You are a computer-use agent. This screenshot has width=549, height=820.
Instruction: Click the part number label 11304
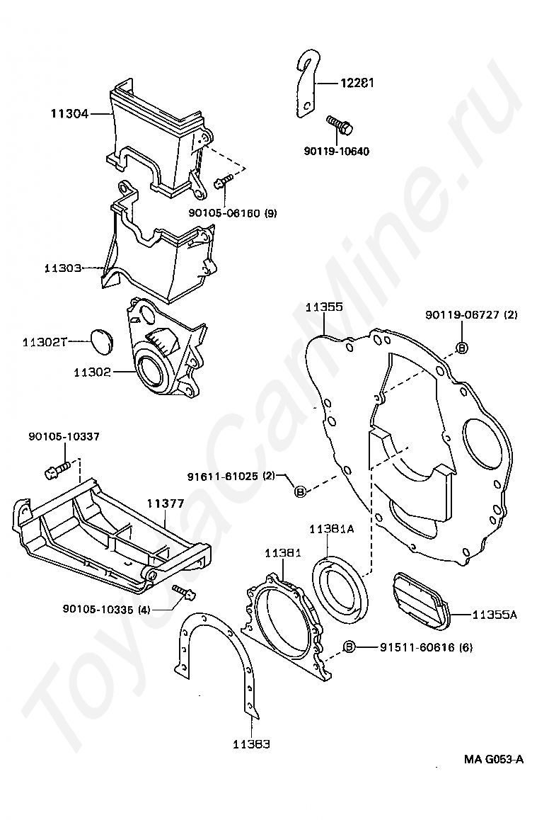point(69,113)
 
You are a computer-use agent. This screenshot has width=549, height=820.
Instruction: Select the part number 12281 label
point(357,83)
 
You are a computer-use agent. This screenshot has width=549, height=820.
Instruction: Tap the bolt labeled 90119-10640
point(340,123)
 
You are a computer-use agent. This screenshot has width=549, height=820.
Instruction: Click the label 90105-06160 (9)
point(233,213)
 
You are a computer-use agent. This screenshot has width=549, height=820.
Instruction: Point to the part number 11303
point(63,268)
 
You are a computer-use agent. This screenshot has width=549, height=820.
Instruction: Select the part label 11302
point(93,372)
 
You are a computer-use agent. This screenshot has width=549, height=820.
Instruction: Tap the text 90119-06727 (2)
point(471,315)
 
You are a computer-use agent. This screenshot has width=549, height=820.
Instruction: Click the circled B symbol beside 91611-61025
point(301,491)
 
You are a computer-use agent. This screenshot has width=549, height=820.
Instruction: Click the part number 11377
point(165,503)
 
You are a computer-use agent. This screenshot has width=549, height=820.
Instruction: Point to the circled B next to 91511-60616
point(349,647)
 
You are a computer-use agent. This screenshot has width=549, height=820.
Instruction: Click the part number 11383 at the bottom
point(251,744)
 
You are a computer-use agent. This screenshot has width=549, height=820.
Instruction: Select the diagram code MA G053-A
point(493,759)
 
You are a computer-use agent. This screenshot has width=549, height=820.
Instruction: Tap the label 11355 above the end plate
point(325,307)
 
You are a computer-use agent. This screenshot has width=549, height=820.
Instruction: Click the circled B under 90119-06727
point(462,348)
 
